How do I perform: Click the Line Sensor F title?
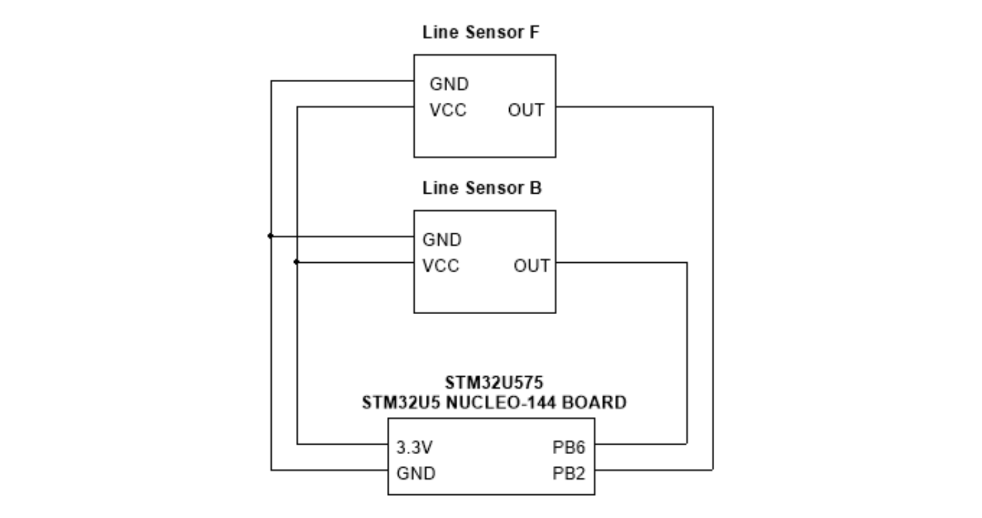(480, 33)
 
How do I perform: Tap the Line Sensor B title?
(482, 188)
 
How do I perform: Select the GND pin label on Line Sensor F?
(449, 84)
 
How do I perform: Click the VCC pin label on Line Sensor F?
(448, 110)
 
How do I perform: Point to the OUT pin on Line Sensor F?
(526, 110)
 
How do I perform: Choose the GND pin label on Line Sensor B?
(442, 240)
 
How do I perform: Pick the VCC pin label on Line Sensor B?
(441, 266)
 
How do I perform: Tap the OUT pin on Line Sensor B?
(532, 266)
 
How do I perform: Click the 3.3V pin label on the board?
(414, 448)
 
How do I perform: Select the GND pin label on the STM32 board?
(416, 473)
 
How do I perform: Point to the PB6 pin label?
(569, 448)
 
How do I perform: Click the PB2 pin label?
(569, 473)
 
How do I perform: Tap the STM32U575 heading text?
(494, 383)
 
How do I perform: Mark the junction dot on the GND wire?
(271, 236)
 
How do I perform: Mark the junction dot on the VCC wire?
(297, 262)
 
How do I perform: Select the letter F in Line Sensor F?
(534, 33)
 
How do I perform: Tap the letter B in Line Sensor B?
(536, 188)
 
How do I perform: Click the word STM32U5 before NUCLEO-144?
(401, 403)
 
